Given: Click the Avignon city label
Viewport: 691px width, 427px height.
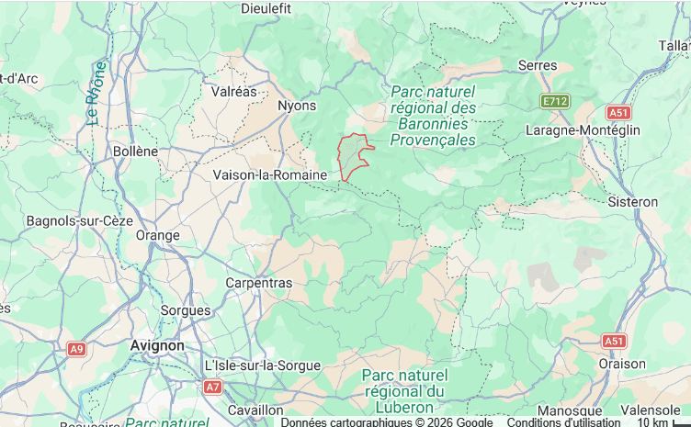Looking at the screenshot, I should click(157, 345).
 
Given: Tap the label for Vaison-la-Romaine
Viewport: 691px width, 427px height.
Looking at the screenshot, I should click(269, 174).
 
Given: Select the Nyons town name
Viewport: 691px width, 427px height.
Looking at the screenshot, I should click(297, 106).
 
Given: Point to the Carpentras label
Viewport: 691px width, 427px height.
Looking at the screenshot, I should click(258, 283).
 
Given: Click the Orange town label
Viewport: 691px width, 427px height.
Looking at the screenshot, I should click(157, 235).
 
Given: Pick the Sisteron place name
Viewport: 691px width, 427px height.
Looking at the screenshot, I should click(633, 201).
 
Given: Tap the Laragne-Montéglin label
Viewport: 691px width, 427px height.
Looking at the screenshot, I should click(582, 130).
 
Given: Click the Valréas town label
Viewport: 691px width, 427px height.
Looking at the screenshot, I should click(234, 92).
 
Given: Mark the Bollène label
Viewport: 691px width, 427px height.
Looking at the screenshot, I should click(135, 151).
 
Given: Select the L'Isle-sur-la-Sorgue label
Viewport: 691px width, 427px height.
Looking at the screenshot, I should click(263, 365).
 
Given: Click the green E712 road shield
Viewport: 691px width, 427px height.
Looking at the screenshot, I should click(554, 101).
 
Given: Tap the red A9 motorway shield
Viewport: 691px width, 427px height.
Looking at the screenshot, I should click(77, 349).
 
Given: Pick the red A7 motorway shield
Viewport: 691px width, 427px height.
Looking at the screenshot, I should click(212, 388).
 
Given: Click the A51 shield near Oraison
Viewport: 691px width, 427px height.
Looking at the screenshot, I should click(614, 341).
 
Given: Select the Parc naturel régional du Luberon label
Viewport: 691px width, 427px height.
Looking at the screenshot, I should click(404, 390).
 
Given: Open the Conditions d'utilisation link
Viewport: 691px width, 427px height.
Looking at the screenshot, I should click(563, 422).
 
